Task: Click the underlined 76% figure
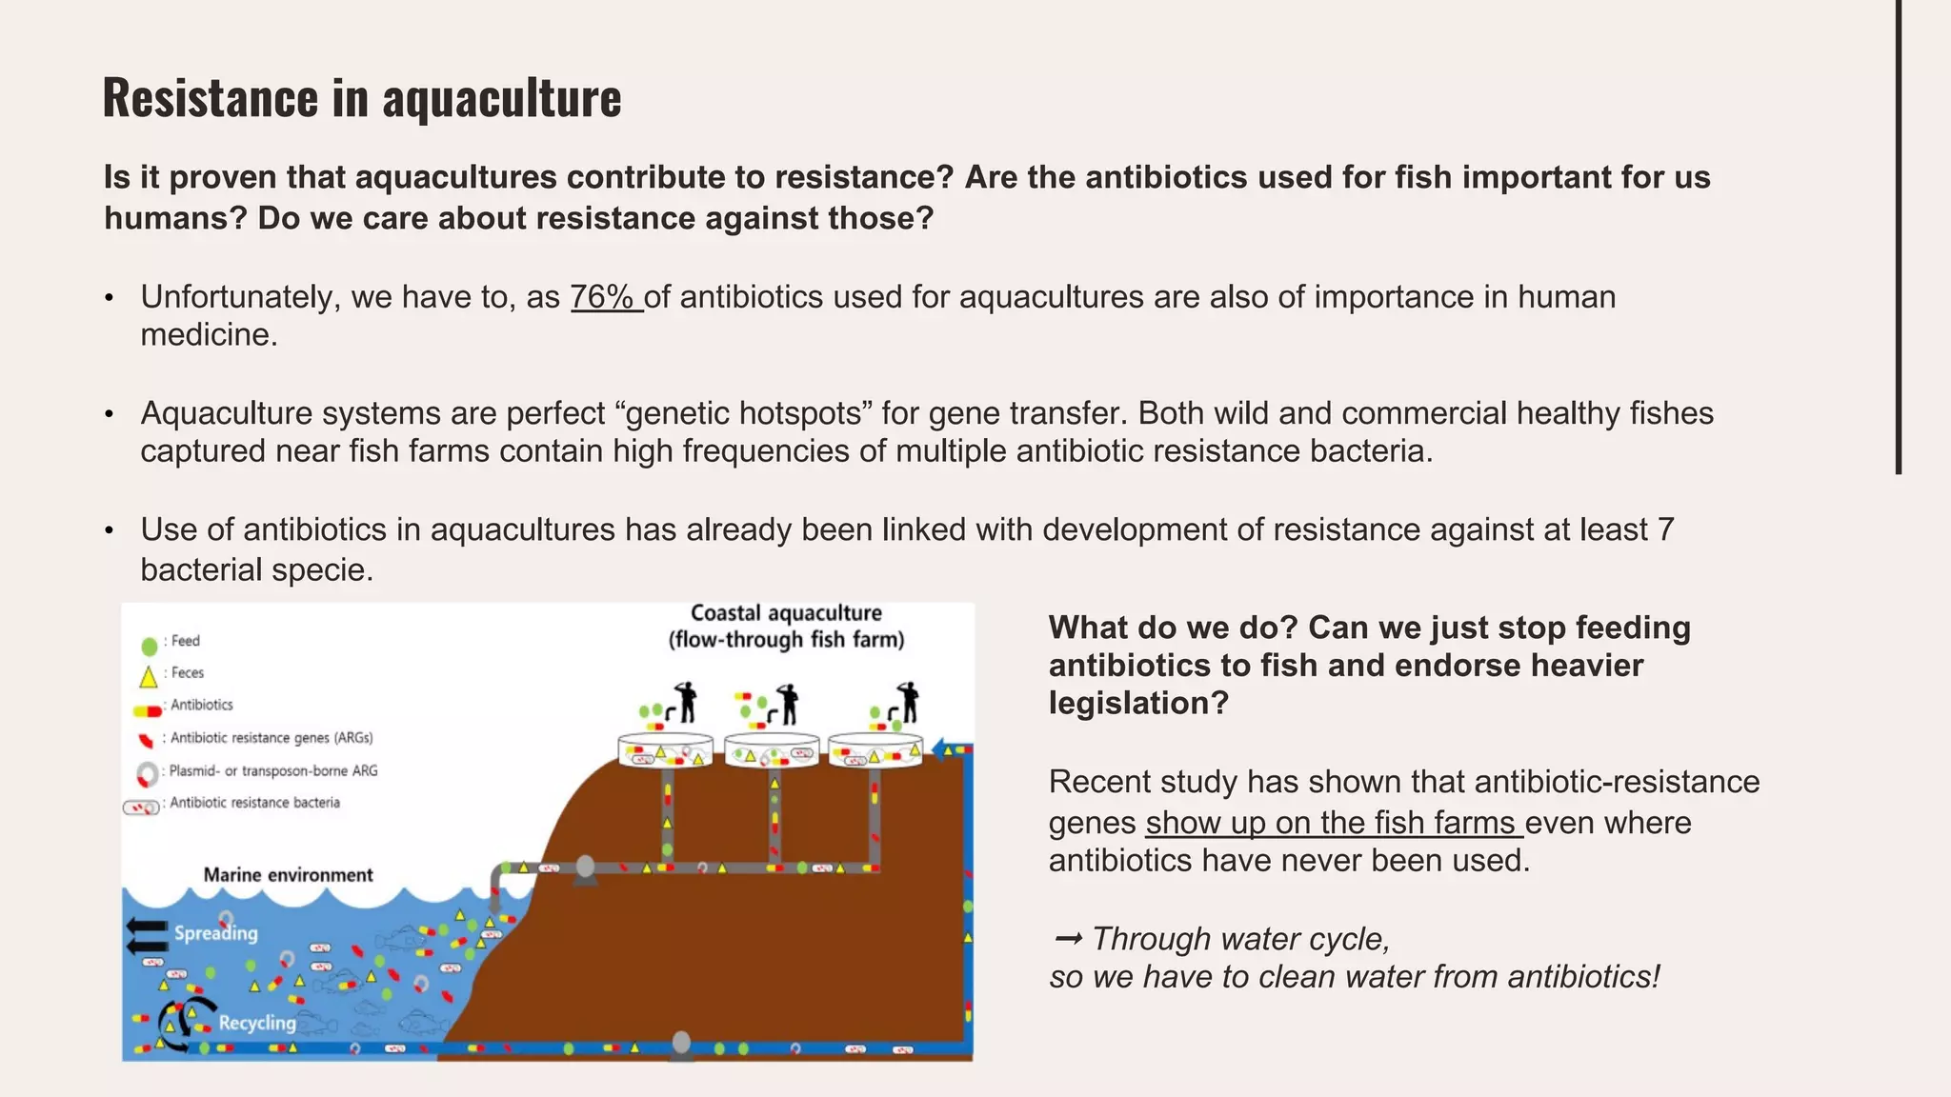click(x=606, y=297)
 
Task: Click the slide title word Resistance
click(x=211, y=97)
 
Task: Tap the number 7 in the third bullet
click(x=1665, y=529)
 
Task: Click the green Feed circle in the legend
click(x=149, y=647)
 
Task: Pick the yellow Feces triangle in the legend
click(x=149, y=678)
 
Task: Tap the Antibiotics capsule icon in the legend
click(x=148, y=710)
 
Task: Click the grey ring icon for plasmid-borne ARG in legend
click(x=147, y=774)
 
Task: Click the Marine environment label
click(x=288, y=875)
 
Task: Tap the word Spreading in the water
click(x=215, y=933)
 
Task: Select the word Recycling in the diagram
click(x=257, y=1023)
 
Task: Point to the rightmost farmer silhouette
click(x=909, y=704)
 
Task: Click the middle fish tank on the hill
click(x=772, y=750)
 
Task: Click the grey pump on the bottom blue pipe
click(x=681, y=1045)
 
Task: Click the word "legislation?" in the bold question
click(x=1138, y=704)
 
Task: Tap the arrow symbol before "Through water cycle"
click(x=1068, y=939)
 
